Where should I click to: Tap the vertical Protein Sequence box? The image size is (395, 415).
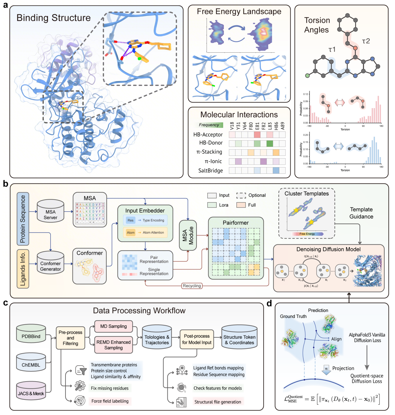point(23,219)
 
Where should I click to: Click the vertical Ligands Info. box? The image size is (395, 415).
point(23,269)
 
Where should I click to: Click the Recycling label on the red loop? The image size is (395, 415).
point(192,286)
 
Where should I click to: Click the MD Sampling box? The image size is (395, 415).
point(114,326)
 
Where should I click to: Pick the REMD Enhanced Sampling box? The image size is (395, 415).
point(114,345)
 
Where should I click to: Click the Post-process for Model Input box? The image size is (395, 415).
point(197,339)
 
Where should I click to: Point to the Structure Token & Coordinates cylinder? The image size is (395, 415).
point(239,339)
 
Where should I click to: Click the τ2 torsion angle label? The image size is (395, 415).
point(366,41)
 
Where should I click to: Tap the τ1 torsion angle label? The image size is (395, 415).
point(332,49)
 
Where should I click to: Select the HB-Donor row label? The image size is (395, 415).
point(211,143)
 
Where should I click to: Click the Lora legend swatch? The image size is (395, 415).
point(212,205)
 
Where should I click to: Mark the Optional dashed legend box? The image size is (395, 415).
point(241,195)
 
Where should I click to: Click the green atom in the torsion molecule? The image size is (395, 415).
point(307,76)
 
